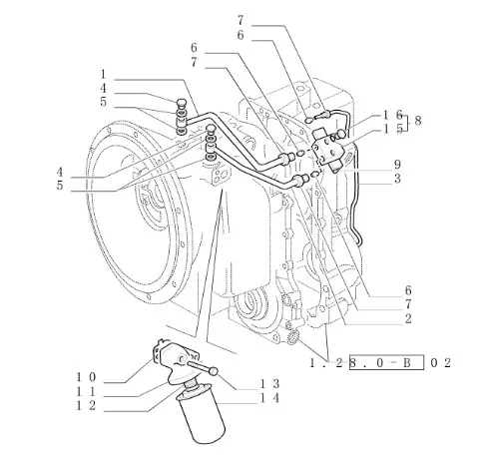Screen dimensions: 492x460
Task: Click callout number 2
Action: pyautogui.click(x=408, y=318)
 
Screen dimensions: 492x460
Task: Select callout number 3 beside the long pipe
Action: pyautogui.click(x=397, y=179)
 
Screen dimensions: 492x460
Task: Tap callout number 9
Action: pyautogui.click(x=397, y=164)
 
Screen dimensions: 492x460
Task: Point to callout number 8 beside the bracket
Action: pyautogui.click(x=418, y=120)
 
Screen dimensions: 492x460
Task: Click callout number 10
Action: pyautogui.click(x=86, y=377)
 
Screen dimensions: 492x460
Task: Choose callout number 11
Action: pyautogui.click(x=86, y=391)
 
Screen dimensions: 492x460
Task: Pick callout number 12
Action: pyautogui.click(x=86, y=405)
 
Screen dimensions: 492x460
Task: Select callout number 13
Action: pyautogui.click(x=269, y=384)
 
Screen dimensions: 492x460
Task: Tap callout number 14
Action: pyautogui.click(x=269, y=398)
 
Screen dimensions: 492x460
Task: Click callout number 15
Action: pyautogui.click(x=393, y=129)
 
